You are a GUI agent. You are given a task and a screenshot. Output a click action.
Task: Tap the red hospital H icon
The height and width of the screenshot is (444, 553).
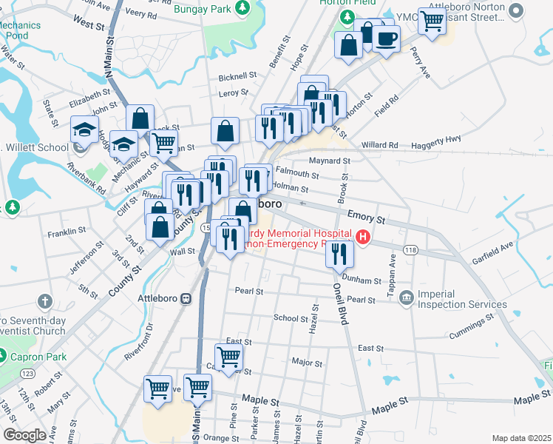coord(363,237)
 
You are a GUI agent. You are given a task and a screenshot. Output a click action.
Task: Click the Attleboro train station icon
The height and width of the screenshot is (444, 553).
coord(186,299)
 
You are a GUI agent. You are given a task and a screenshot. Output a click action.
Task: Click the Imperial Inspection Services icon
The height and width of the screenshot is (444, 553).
coord(406,298)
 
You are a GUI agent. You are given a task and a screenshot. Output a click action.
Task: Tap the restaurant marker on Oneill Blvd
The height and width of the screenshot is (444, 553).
coord(339,254)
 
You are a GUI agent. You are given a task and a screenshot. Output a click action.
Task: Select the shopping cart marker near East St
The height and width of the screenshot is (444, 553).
coord(229,357)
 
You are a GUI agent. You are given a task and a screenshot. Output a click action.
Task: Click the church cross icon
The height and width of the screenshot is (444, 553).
coord(44,301)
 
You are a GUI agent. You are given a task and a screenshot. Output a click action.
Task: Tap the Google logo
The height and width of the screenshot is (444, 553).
coord(24,435)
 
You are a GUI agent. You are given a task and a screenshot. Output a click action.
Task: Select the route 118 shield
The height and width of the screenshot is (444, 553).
coord(411,251)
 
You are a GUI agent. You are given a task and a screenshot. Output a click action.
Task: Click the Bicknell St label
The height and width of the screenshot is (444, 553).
coord(237,75)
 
